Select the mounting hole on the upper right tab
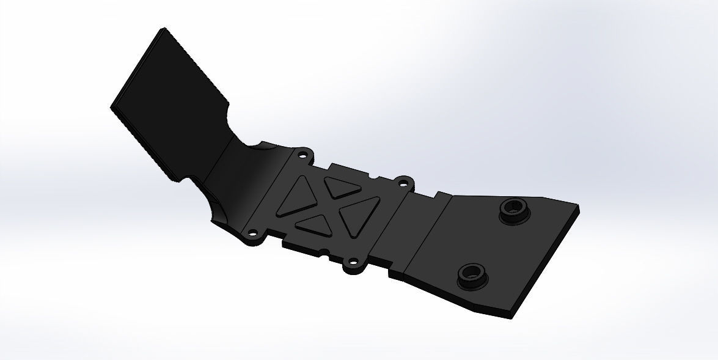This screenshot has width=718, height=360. click(403, 182)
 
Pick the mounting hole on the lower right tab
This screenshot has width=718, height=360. click(351, 263)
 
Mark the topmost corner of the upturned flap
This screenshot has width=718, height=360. click(163, 28)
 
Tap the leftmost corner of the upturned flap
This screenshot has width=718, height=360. click(111, 108)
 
